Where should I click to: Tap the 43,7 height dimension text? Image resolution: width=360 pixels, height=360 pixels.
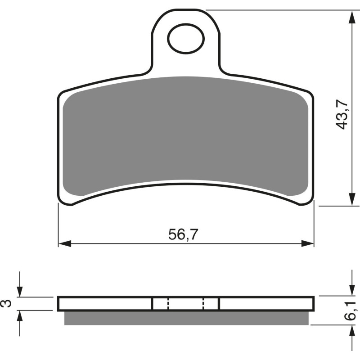click(x=342, y=114)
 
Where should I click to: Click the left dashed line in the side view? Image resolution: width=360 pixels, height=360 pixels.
click(x=167, y=304)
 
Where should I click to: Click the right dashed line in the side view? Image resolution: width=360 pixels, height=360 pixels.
click(x=203, y=304)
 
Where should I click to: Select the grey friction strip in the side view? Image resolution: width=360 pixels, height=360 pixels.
click(x=187, y=318)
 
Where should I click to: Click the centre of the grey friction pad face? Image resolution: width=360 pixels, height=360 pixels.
click(x=186, y=135)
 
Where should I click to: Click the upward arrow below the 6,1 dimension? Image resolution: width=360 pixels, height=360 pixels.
click(x=351, y=331)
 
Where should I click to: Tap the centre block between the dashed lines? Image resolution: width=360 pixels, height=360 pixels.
click(x=185, y=304)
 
